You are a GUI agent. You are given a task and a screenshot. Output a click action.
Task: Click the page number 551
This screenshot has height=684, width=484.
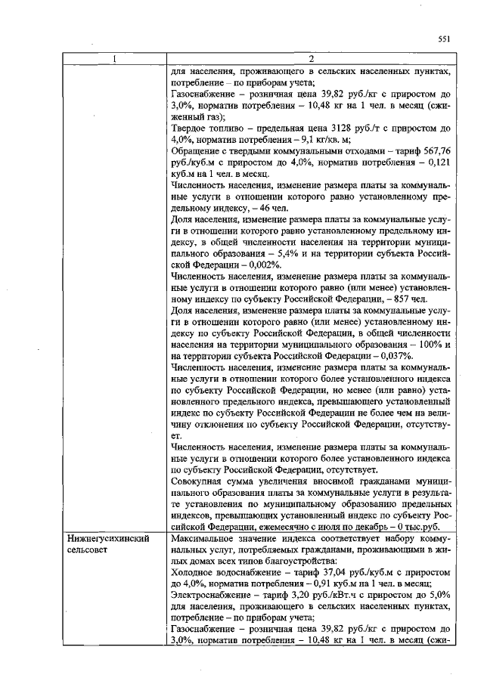[445, 39]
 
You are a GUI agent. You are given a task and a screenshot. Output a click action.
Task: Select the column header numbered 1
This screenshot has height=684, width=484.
[115, 59]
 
